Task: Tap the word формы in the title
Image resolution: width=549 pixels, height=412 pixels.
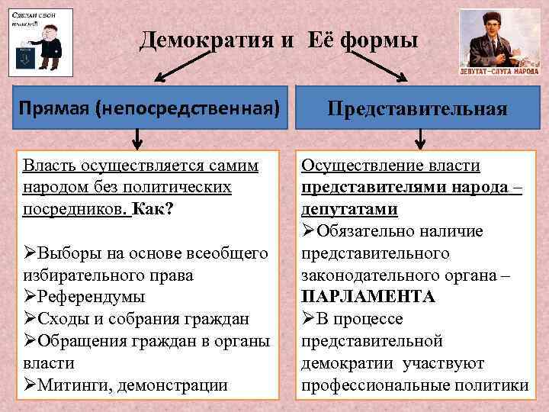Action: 379,40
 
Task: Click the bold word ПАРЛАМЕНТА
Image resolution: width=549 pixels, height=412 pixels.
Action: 368,297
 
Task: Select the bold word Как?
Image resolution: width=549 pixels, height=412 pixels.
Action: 152,208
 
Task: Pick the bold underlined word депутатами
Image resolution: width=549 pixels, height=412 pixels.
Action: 350,208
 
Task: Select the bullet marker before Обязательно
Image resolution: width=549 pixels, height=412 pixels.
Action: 308,230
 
